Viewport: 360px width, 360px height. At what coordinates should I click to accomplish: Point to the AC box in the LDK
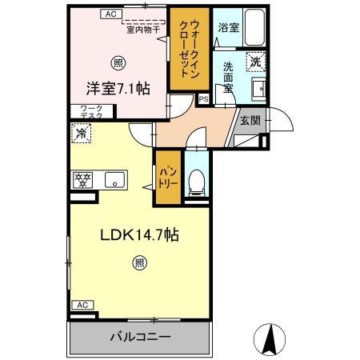click(x=81, y=305)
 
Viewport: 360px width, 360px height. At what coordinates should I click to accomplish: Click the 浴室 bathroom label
click(x=229, y=27)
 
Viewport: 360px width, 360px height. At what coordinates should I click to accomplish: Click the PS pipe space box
click(x=202, y=100)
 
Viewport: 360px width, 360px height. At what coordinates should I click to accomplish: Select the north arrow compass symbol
click(x=269, y=338)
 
